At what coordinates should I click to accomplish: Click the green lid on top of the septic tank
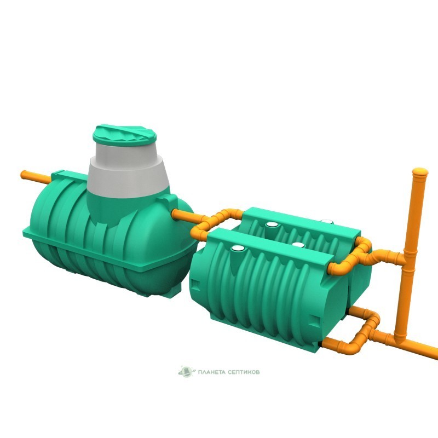point(124,135)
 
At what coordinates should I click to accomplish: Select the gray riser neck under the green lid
point(128,170)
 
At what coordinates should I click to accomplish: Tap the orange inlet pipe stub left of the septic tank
point(36,177)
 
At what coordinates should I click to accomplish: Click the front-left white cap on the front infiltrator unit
point(238,248)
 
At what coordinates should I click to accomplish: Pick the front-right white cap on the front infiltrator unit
point(298,245)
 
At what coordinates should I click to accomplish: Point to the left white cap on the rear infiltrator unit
point(272,224)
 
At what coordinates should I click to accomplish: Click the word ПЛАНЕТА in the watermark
point(210,372)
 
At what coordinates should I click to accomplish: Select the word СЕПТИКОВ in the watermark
point(242,372)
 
